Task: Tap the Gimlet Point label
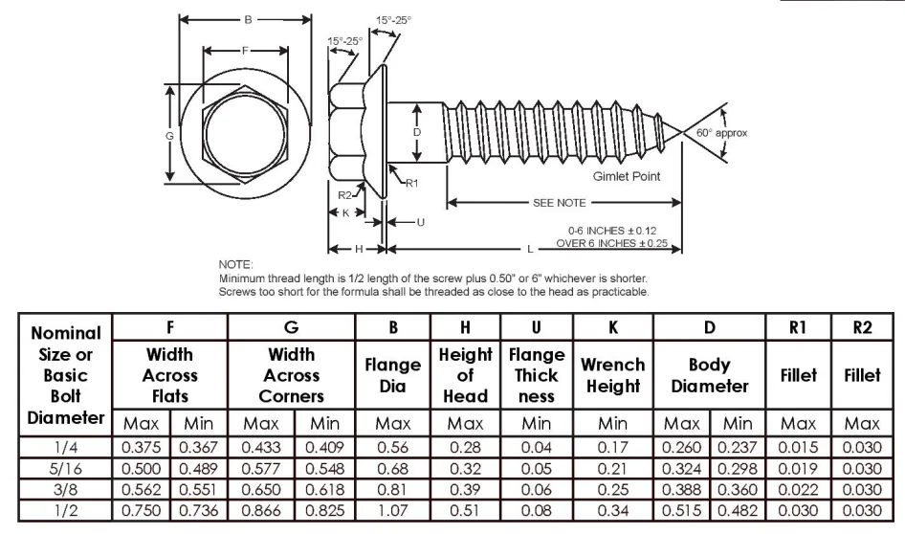click(625, 177)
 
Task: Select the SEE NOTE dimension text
click(560, 203)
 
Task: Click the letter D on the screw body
click(417, 132)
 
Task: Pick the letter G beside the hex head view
click(169, 136)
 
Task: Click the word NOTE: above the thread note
click(235, 264)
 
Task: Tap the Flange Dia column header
click(392, 374)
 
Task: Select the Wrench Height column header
click(612, 374)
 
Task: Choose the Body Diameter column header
click(709, 374)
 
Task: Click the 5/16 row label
click(66, 468)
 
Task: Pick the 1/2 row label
click(66, 510)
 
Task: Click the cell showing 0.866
click(261, 510)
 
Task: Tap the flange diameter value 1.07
click(392, 510)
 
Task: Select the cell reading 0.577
click(261, 468)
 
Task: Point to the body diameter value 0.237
click(737, 447)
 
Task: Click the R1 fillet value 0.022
click(798, 489)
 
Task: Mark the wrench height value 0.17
click(612, 447)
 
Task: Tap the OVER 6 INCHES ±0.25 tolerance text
click(611, 243)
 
